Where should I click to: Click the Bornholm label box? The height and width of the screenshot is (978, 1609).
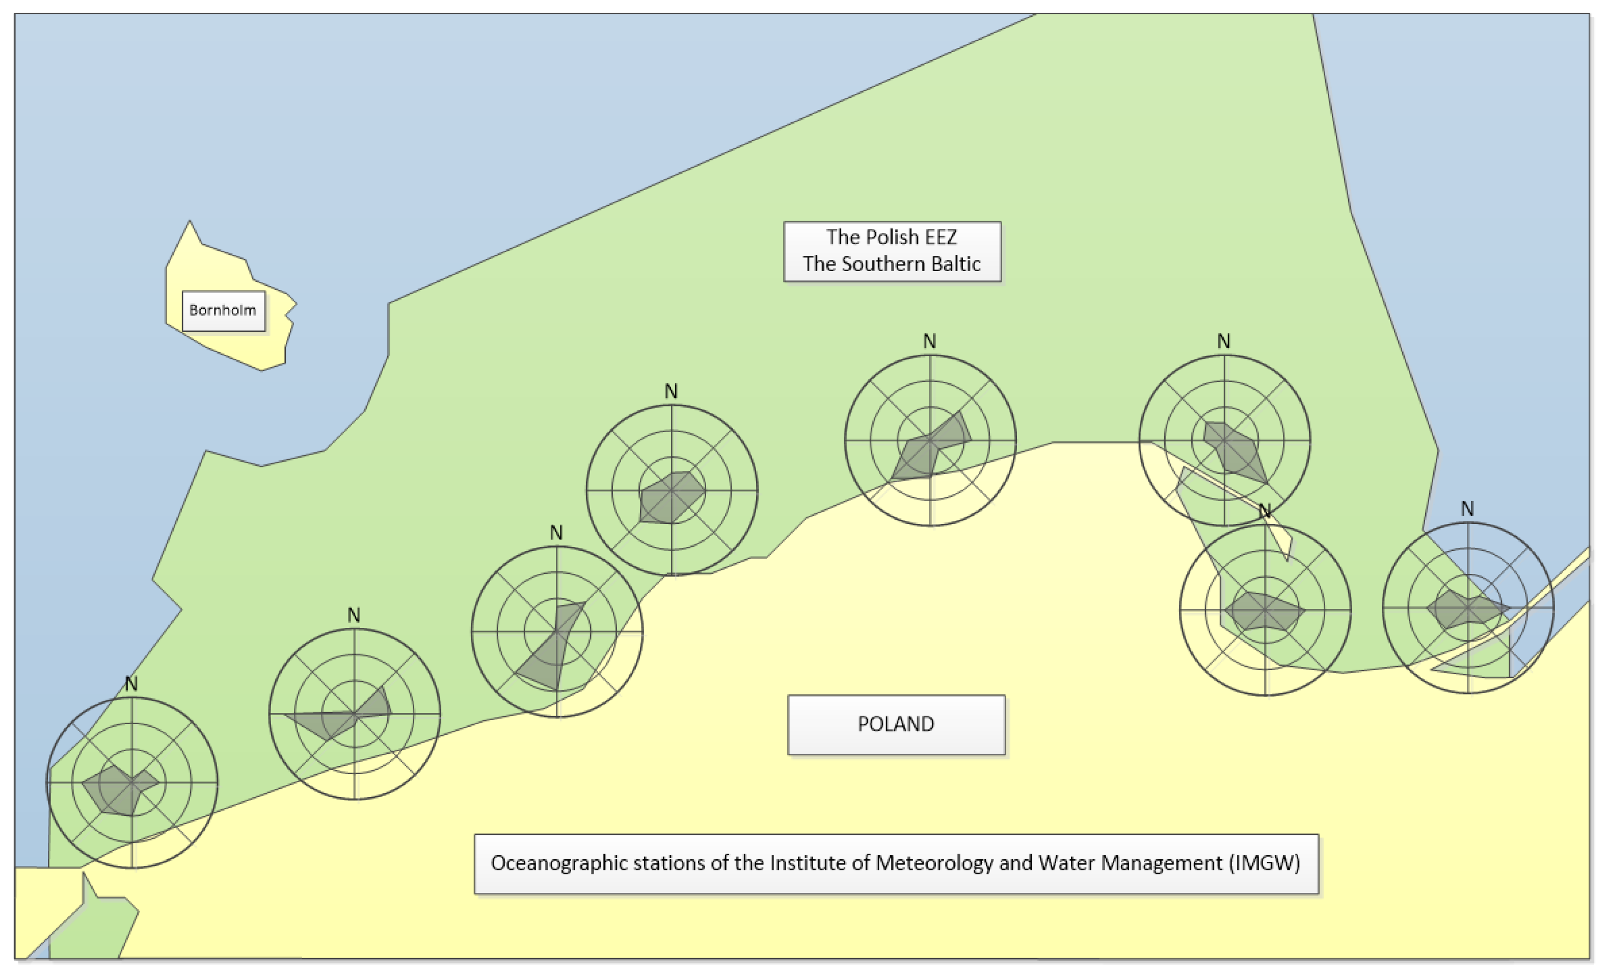coord(223,310)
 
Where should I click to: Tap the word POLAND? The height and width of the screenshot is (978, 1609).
coord(895,724)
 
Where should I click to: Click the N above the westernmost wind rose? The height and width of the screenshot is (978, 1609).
coord(131,684)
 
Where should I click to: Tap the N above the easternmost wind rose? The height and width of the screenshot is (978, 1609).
coord(1467,509)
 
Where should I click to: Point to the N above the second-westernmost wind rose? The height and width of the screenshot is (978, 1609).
coord(354,616)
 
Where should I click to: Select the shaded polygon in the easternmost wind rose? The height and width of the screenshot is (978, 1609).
coord(1463,610)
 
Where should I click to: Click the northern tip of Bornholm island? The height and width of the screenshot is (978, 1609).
coord(190,223)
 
